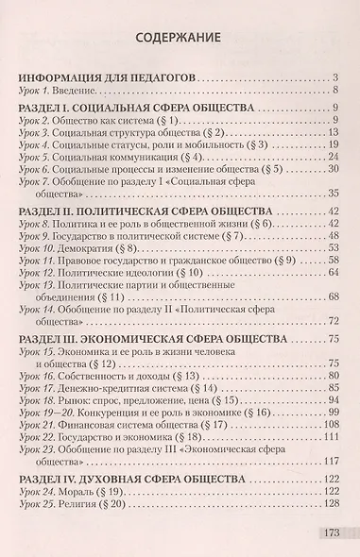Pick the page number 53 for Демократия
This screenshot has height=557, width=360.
[332, 246]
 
